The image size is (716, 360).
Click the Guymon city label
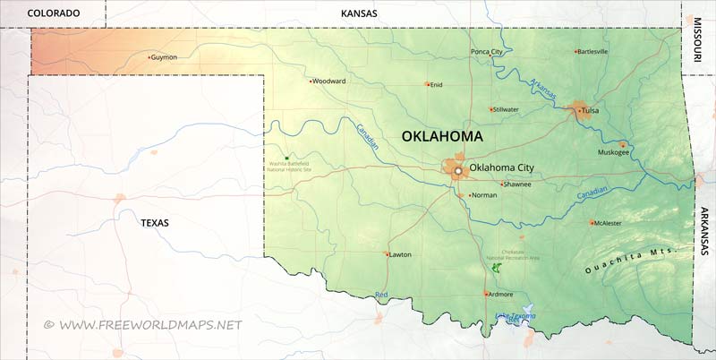[x=165, y=57]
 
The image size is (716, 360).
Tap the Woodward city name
[x=329, y=81]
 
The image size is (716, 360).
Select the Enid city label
[x=437, y=85]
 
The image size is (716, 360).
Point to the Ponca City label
[x=487, y=52]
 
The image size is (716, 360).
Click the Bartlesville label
[x=592, y=51]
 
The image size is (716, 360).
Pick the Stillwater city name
[x=507, y=109]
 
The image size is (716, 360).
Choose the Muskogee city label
[x=614, y=152]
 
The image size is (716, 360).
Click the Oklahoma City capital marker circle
[x=457, y=169]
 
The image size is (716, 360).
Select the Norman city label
[x=484, y=194]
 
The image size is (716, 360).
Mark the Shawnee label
[x=518, y=184]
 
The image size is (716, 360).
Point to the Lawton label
[x=400, y=254]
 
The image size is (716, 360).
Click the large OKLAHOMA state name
[x=441, y=137]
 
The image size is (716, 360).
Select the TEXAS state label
[x=154, y=222]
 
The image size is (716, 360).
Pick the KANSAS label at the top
[x=360, y=13]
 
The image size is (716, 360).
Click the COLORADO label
[x=54, y=13]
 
